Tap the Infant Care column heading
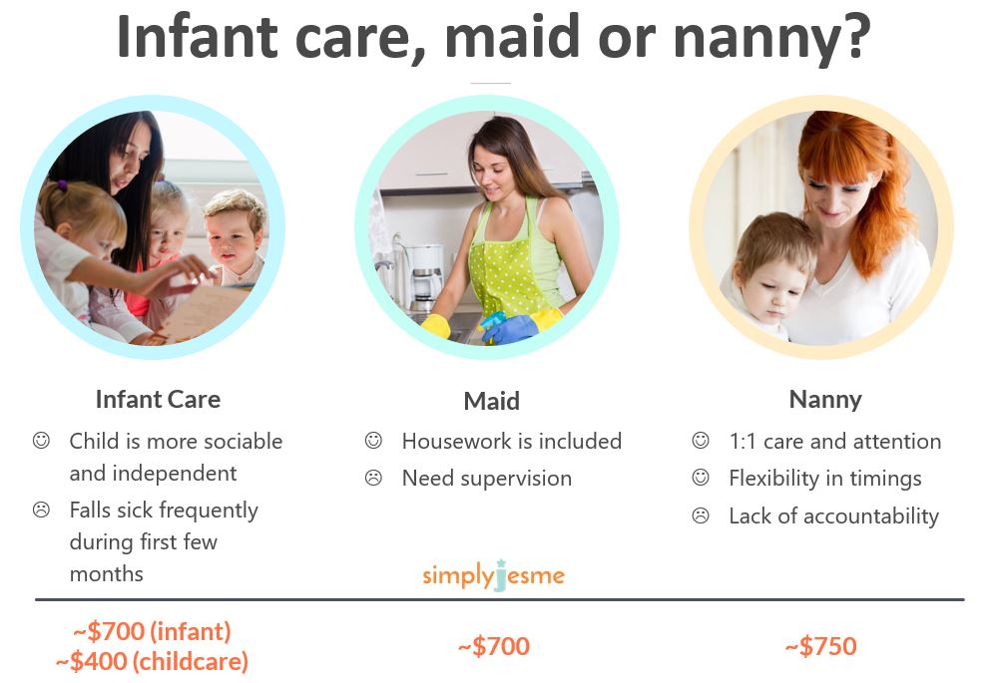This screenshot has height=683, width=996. [x=158, y=399]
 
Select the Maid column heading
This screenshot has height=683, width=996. [x=491, y=401]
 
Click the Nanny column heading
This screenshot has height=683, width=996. [x=825, y=399]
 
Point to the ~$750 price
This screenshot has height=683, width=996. [x=820, y=646]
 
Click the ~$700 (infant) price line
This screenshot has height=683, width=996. [x=152, y=631]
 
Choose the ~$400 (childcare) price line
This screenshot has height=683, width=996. [x=152, y=660]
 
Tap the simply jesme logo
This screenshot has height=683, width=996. [x=493, y=575]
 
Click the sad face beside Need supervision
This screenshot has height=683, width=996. [x=373, y=479]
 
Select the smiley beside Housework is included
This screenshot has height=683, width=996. [x=373, y=441]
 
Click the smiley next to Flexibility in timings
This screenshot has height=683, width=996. [x=701, y=479]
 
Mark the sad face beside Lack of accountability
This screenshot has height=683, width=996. [x=701, y=516]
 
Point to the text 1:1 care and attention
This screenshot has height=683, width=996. [x=834, y=441]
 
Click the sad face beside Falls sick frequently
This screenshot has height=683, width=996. [x=41, y=511]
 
